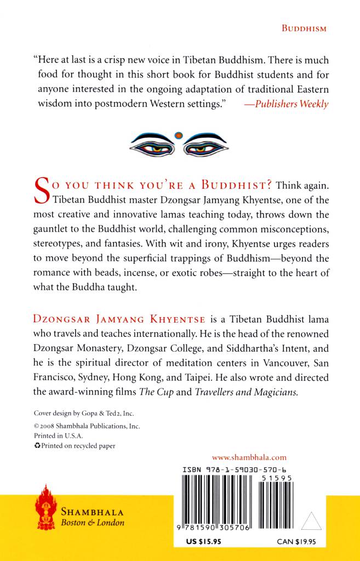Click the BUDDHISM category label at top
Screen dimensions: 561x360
[x=304, y=28]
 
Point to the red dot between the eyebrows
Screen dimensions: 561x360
[x=178, y=135]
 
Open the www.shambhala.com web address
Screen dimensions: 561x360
[x=249, y=457]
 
